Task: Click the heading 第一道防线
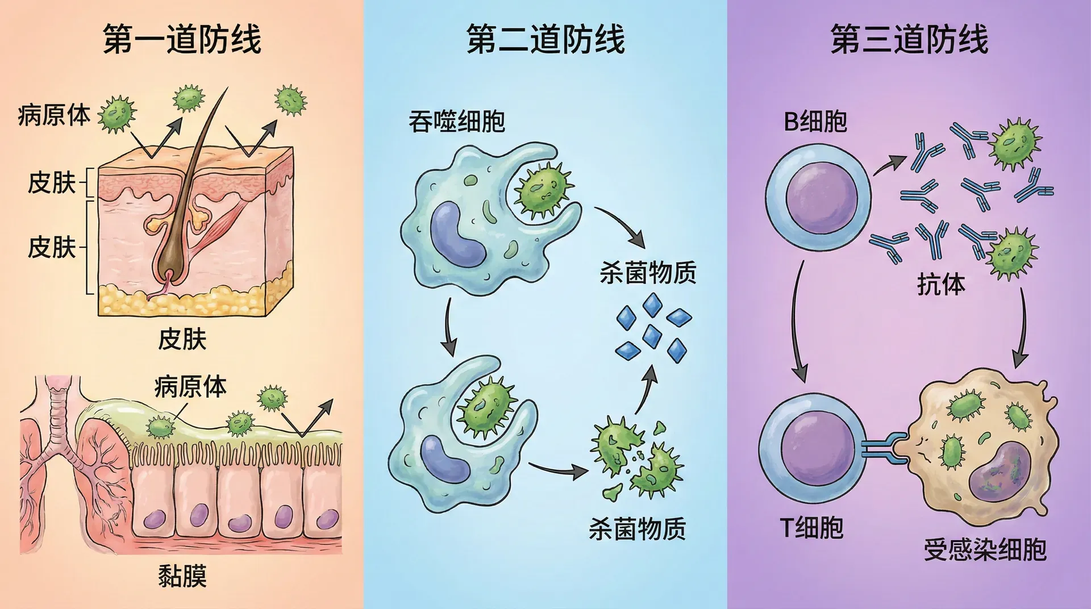click(x=182, y=39)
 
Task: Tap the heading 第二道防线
click(x=545, y=39)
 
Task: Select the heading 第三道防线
click(x=909, y=39)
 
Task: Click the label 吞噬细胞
click(x=457, y=122)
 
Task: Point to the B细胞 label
click(x=815, y=122)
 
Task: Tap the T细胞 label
click(x=811, y=527)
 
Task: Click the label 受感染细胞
click(x=985, y=549)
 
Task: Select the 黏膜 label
click(x=182, y=576)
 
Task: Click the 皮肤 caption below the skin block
click(x=182, y=339)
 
